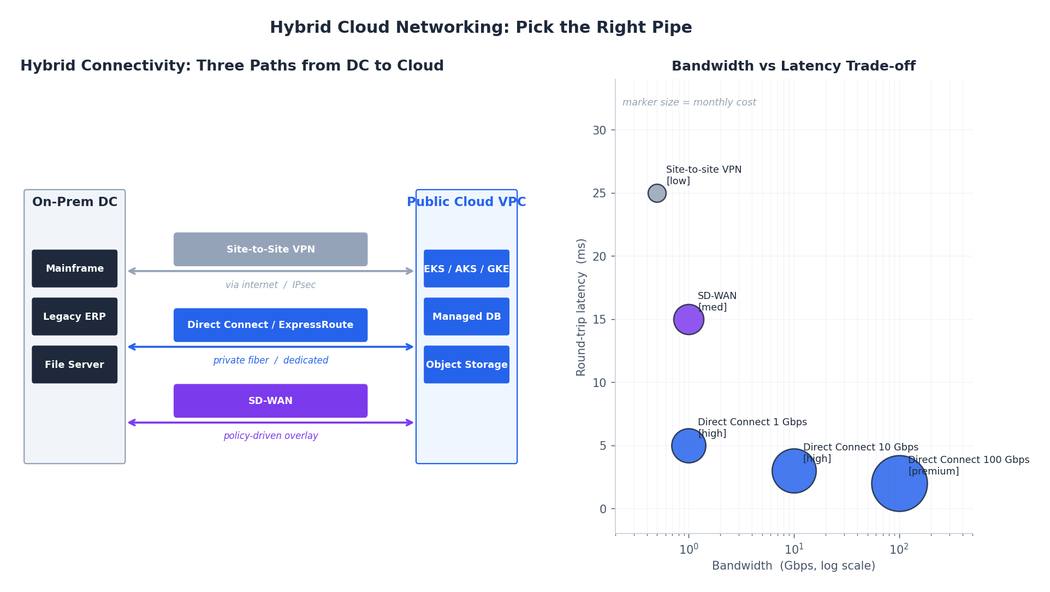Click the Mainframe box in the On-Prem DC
pos(74,268)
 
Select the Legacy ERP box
pos(74,316)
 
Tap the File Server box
pos(74,365)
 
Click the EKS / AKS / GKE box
pos(466,268)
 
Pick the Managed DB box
pos(466,316)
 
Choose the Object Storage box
pos(466,365)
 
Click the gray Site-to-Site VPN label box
pos(270,249)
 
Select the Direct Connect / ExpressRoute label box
pos(270,325)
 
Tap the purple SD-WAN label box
pos(270,401)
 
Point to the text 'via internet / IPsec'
pos(270,285)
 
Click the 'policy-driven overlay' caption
pos(270,436)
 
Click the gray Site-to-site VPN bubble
pos(657,193)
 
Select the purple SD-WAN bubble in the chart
pos(689,319)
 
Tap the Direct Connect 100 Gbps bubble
pos(899,483)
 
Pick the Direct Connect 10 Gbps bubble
pos(794,471)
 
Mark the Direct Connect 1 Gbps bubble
pos(689,446)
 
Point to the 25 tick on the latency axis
pos(600,194)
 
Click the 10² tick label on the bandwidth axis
pos(899,549)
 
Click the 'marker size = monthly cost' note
pos(689,102)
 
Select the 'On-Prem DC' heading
pos(75,202)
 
